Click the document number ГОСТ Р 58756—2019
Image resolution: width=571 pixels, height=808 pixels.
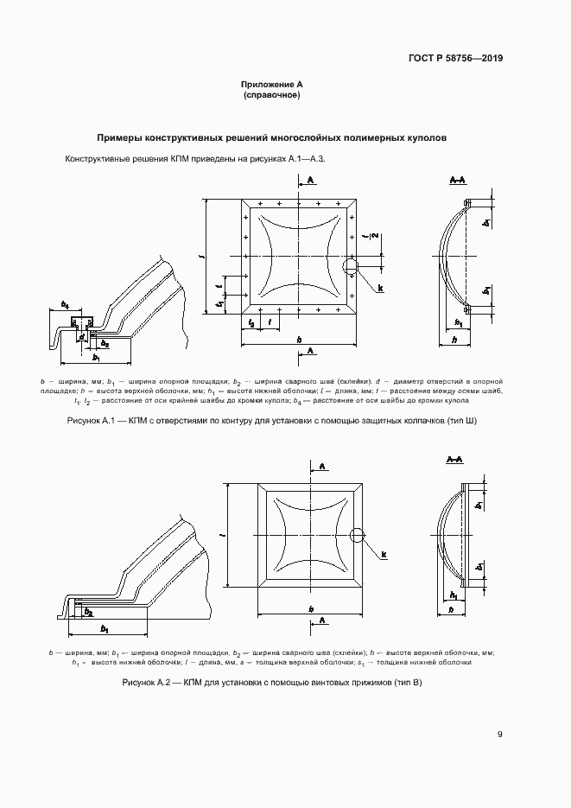click(x=455, y=59)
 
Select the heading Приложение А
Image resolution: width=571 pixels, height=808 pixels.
click(x=272, y=85)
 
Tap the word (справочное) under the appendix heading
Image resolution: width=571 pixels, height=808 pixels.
click(x=272, y=95)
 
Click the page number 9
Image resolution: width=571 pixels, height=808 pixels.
click(x=500, y=735)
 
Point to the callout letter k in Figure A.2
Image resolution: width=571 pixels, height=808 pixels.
click(x=384, y=554)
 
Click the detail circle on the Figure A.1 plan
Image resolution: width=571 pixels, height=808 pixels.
click(x=350, y=266)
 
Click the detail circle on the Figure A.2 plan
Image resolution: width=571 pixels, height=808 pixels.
click(x=356, y=537)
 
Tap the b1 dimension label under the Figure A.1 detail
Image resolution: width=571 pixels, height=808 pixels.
click(x=97, y=357)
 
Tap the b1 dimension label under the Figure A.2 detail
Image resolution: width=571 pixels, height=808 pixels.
click(x=105, y=628)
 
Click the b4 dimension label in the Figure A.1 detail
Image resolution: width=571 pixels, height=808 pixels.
click(x=65, y=305)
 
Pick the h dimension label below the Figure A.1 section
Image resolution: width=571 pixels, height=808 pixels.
click(x=454, y=340)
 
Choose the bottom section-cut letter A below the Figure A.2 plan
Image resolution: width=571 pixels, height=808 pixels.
click(x=321, y=620)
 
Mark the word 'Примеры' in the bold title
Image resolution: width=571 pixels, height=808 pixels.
click(x=120, y=137)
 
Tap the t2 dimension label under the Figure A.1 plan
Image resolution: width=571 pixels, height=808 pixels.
click(x=251, y=322)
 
